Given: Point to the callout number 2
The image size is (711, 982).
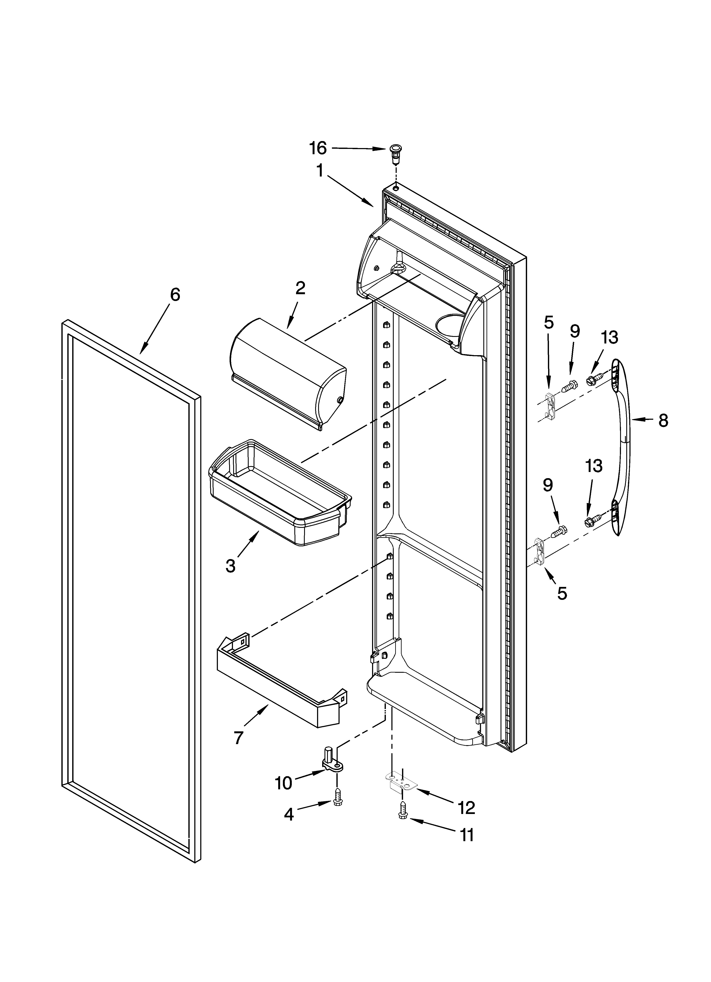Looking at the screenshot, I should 300,288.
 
